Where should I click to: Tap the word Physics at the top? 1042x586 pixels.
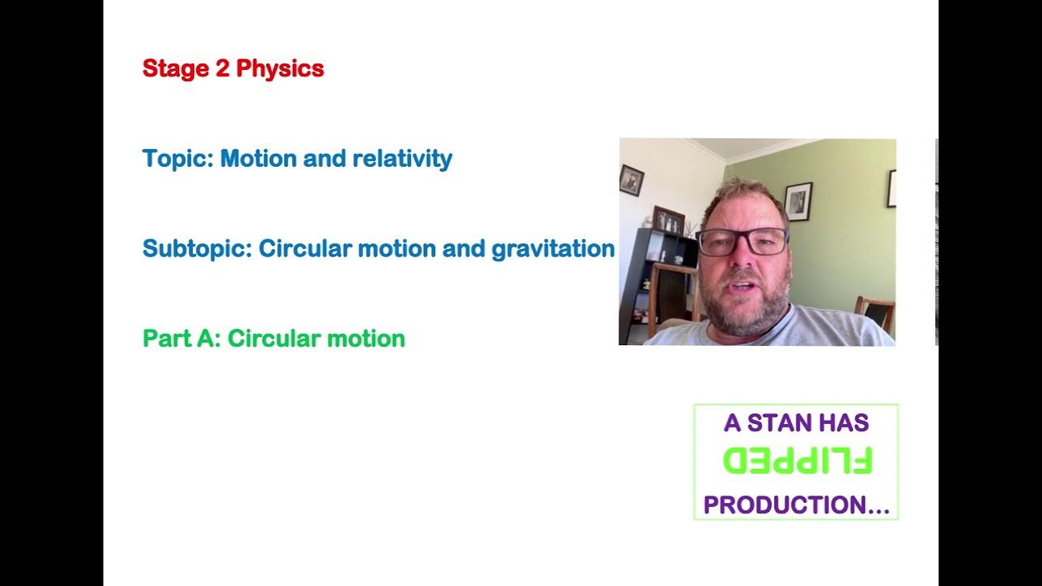279,69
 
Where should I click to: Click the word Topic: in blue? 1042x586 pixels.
178,159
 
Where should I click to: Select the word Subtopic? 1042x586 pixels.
198,249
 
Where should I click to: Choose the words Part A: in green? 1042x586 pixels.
182,339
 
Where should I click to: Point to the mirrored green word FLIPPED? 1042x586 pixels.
797,461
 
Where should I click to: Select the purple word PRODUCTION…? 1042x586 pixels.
796,505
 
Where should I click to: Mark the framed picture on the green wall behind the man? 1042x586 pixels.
798,200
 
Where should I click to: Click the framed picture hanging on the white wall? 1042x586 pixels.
631,181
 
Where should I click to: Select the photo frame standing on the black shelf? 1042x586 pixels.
668,220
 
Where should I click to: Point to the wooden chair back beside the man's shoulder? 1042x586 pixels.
875,313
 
